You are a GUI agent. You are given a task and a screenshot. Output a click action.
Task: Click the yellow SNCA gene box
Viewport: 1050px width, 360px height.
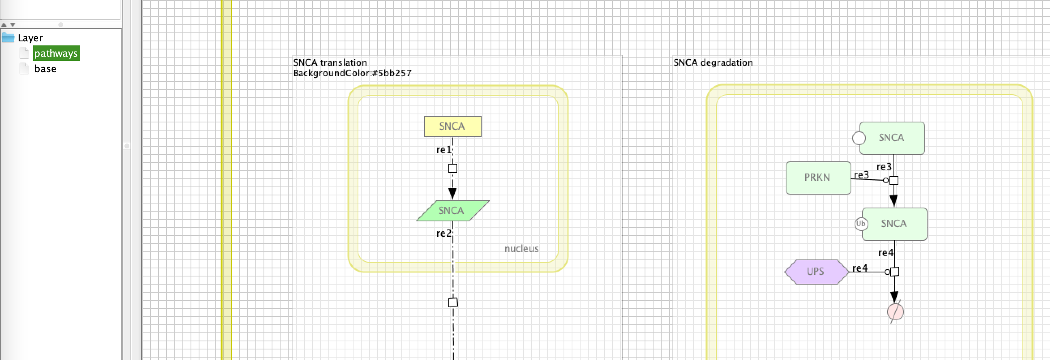(452, 126)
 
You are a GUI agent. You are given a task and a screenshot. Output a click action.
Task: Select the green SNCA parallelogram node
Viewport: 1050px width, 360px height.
(452, 211)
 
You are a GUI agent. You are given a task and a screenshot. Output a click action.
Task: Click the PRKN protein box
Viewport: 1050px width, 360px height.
(818, 178)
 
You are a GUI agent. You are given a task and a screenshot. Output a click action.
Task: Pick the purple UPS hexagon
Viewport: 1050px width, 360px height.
(816, 272)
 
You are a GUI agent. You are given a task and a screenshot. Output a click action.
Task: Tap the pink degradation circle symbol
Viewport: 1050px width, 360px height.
(895, 312)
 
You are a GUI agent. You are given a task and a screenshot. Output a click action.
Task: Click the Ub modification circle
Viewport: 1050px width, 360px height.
(861, 224)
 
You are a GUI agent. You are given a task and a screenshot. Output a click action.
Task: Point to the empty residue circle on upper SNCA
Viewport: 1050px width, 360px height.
(859, 138)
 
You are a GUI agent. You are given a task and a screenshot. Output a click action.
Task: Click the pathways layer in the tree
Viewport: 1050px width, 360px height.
(56, 54)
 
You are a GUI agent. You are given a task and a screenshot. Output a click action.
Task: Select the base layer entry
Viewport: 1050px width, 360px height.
(45, 69)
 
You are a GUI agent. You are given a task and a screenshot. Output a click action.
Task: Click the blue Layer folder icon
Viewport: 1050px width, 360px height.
(8, 38)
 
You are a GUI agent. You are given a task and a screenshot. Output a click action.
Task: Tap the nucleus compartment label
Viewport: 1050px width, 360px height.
(521, 249)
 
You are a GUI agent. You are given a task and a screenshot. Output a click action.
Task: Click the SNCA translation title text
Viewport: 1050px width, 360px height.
(330, 62)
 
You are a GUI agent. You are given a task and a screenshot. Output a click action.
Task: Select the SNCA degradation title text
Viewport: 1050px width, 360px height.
(713, 62)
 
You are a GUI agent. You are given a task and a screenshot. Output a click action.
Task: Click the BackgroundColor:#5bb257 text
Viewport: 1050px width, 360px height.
(352, 73)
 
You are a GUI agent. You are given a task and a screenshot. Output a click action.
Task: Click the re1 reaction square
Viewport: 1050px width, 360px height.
(452, 168)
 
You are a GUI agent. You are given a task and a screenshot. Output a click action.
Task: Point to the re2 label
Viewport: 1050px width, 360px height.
(444, 234)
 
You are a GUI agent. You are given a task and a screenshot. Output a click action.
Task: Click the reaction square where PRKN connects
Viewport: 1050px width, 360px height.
(894, 181)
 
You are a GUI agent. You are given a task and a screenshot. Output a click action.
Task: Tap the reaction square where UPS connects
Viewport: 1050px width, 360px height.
(894, 272)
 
